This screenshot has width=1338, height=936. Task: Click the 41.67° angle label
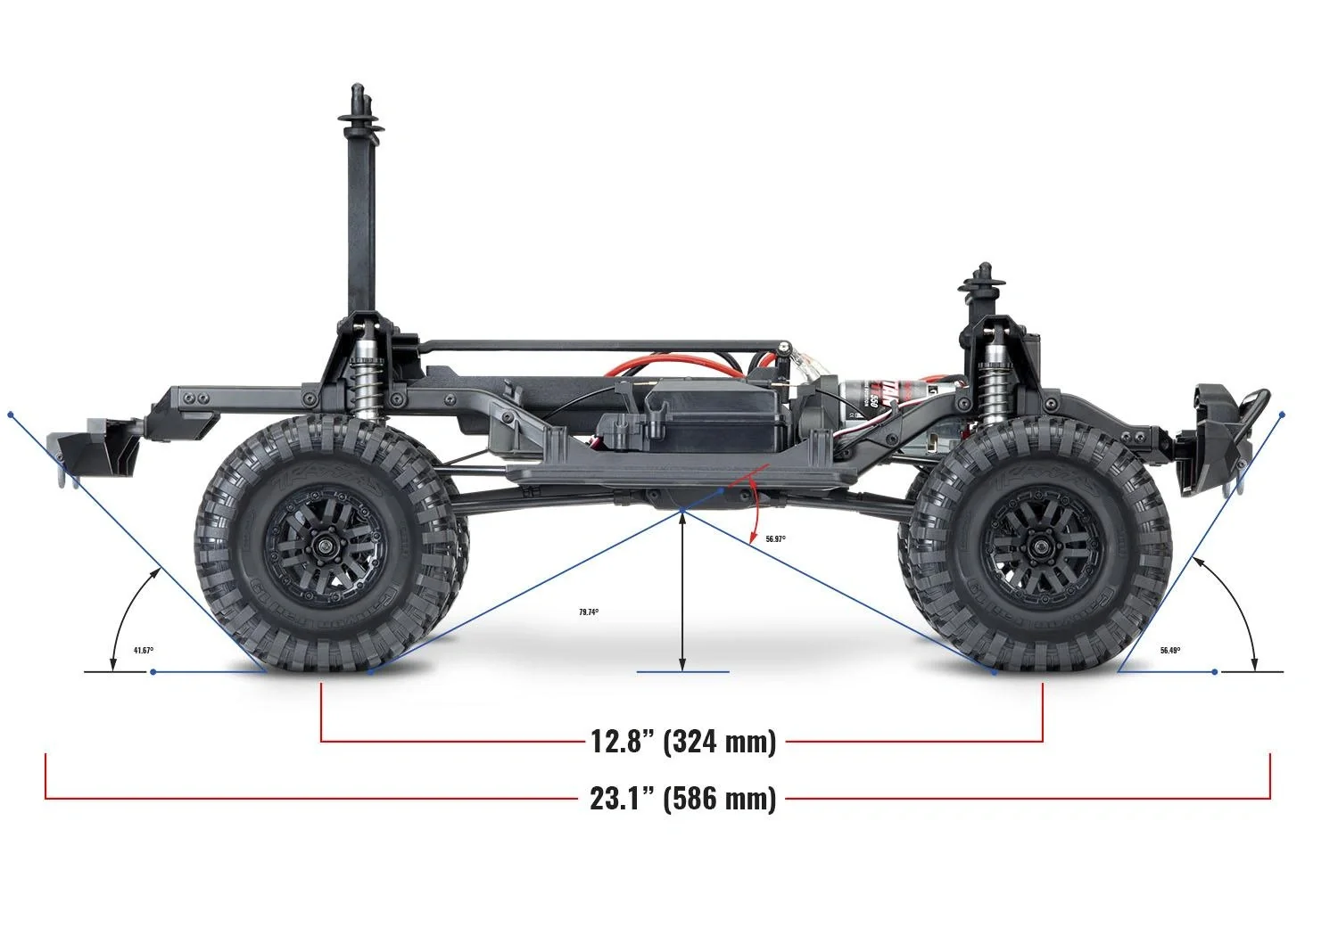click(144, 651)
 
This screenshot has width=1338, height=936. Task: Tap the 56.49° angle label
click(1170, 651)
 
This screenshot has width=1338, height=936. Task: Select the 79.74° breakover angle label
click(589, 612)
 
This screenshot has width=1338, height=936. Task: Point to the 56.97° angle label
click(776, 539)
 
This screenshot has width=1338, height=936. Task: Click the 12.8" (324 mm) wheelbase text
click(683, 741)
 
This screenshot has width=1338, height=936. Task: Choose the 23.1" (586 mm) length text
click(683, 798)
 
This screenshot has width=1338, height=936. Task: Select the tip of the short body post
click(983, 269)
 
